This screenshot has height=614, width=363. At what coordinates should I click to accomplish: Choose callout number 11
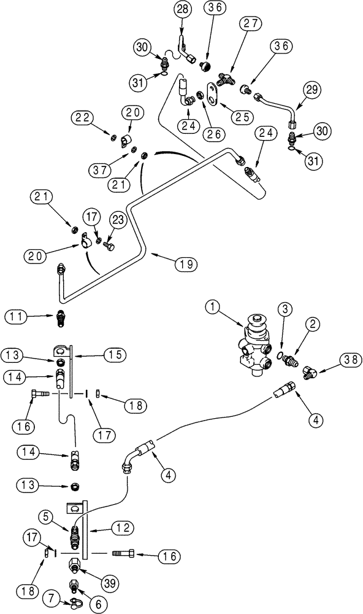tap(17, 317)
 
